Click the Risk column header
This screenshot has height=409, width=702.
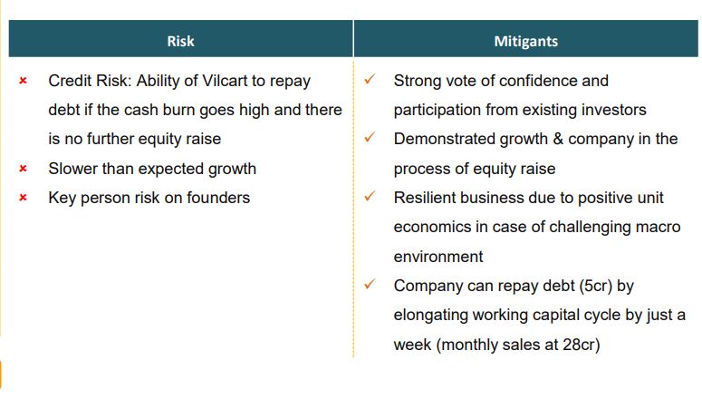[x=180, y=41]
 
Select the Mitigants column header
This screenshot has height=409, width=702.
[x=525, y=41]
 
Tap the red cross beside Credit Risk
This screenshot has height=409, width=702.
[x=24, y=81]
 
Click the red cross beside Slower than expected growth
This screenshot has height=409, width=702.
[x=24, y=169]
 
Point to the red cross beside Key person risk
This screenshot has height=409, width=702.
[x=24, y=198]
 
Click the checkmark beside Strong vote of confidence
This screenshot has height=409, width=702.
[x=370, y=80]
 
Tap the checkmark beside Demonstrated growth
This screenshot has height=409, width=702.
[x=370, y=137]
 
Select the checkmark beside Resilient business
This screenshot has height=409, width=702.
[x=370, y=196]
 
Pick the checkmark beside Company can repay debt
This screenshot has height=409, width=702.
[x=370, y=284]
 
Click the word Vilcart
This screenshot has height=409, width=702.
[x=225, y=81]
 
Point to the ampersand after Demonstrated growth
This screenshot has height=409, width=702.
[x=558, y=139]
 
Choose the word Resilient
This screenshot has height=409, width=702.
[x=424, y=198]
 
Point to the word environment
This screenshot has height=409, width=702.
[x=438, y=257]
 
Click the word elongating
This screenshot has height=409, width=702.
[x=430, y=316]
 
